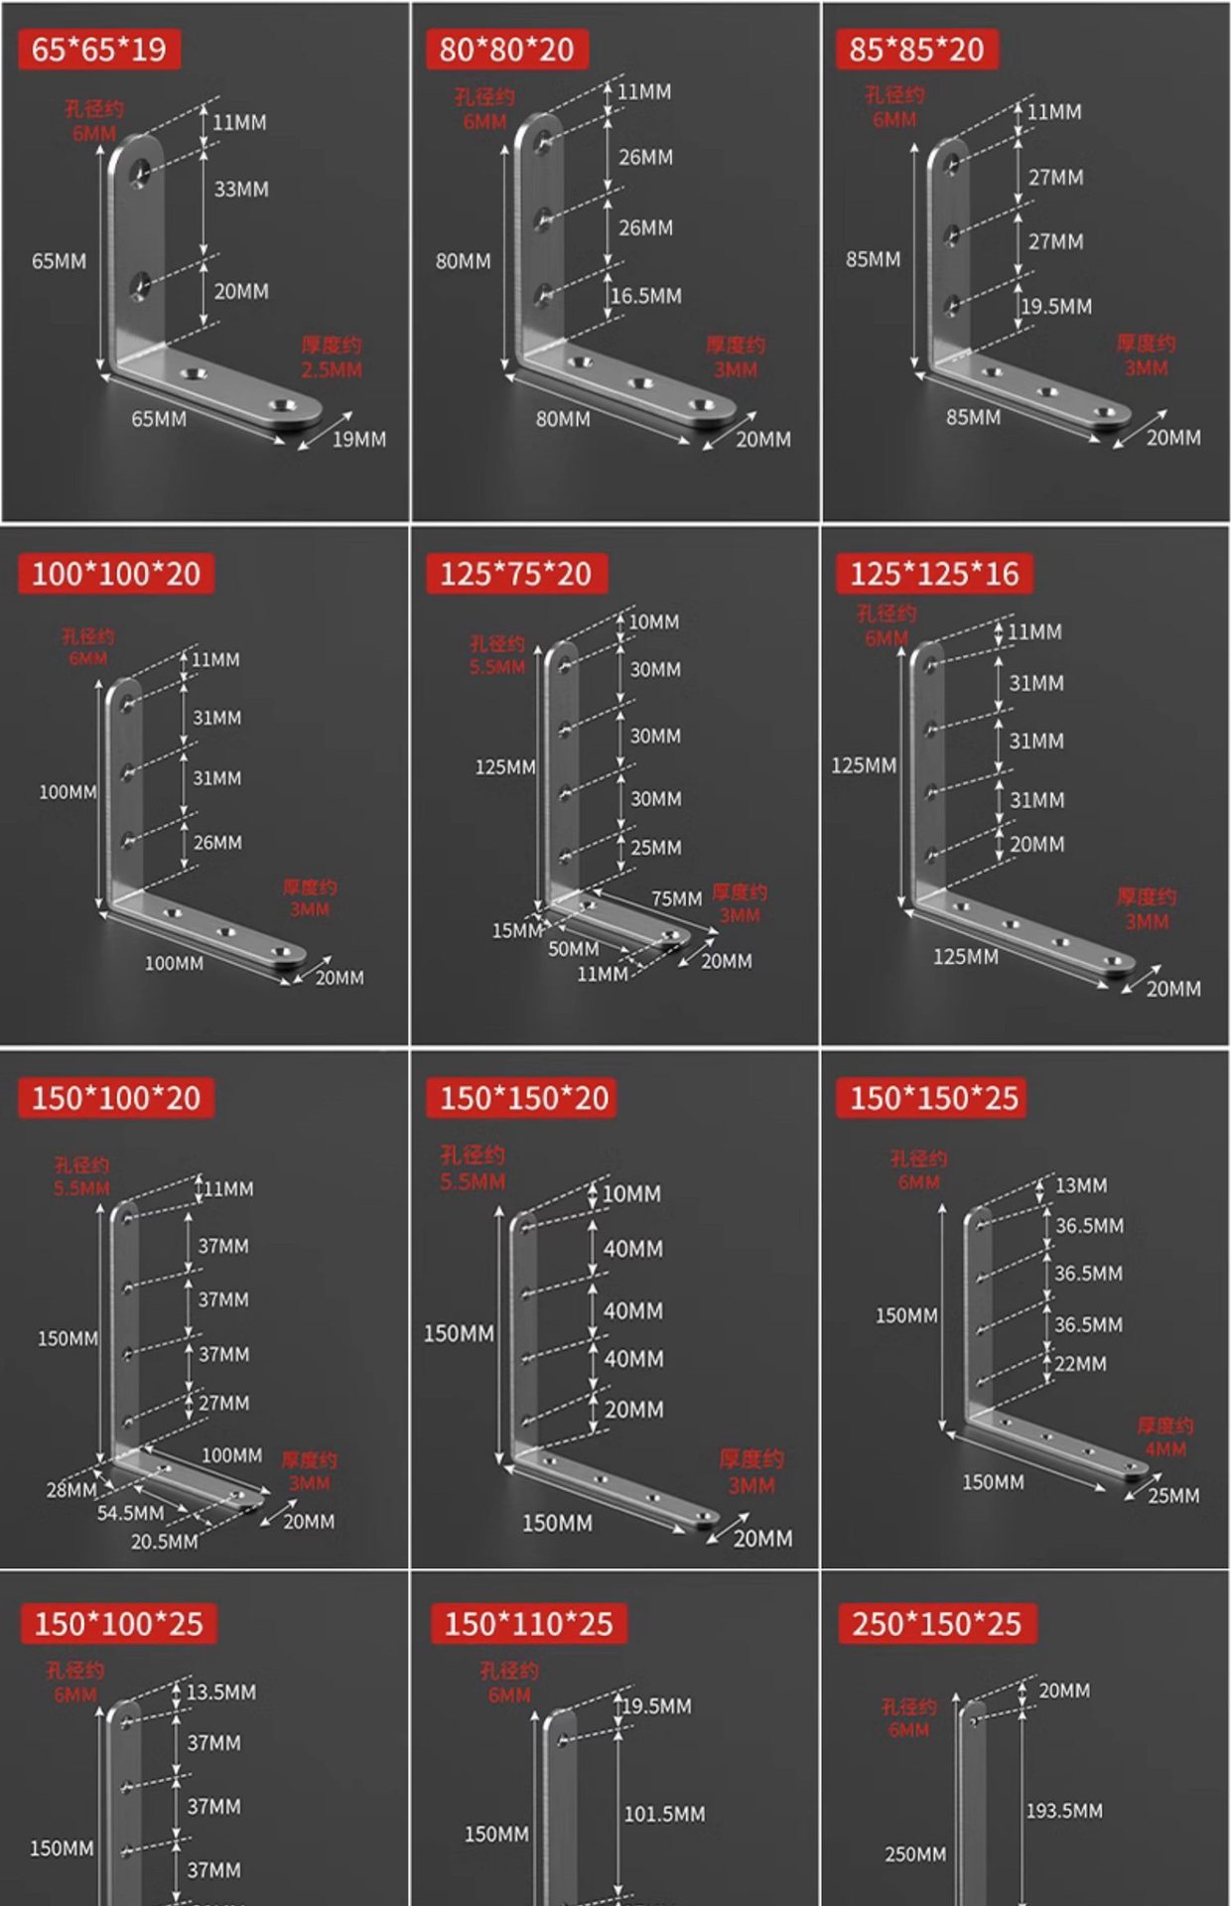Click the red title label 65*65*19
point(98,50)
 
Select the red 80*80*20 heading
point(506,50)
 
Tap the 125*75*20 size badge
point(515,574)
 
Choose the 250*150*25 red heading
point(936,1624)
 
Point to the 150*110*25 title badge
point(528,1624)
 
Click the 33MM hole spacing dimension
point(241,189)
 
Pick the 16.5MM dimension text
point(646,296)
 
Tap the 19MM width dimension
point(358,439)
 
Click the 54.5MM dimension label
point(130,1513)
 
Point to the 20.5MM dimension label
point(164,1542)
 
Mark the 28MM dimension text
point(71,1490)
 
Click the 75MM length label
point(676,898)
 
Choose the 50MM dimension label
point(574,949)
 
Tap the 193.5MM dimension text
point(1064,1811)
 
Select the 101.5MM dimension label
point(664,1814)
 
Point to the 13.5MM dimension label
point(221,1692)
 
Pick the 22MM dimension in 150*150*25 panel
point(1080,1364)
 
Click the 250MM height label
point(915,1854)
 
